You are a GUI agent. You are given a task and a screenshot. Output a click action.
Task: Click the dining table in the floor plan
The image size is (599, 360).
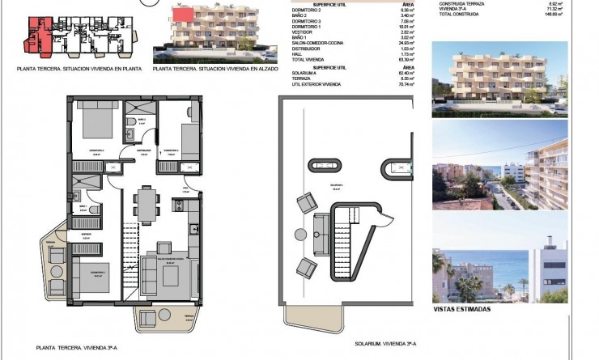(x=145, y=201)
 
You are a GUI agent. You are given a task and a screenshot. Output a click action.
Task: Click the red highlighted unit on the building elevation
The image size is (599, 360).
(x=183, y=14)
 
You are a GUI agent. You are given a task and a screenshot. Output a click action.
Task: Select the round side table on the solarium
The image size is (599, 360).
(x=301, y=235)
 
